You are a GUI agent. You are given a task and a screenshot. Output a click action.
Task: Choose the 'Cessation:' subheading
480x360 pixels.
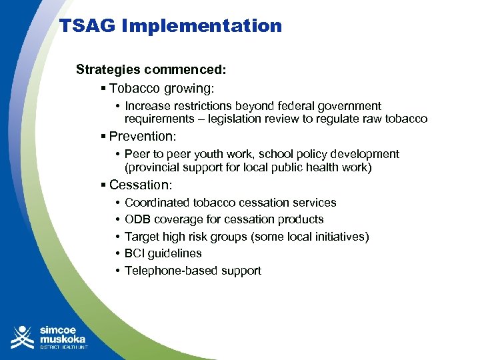click(141, 185)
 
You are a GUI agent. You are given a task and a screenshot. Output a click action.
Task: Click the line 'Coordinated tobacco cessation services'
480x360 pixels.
click(230, 203)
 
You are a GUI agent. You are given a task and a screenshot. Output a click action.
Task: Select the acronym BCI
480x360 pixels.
click(135, 253)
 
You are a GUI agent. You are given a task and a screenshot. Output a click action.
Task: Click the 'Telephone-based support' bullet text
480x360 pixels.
click(193, 271)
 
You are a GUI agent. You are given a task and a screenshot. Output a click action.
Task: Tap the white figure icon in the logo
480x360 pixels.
click(22, 337)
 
